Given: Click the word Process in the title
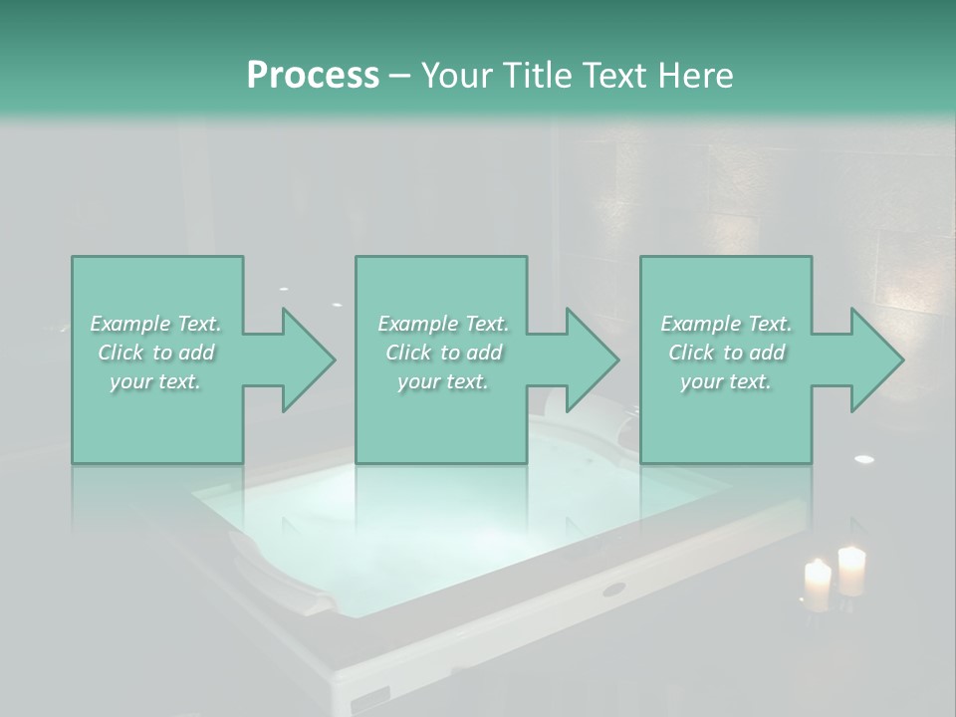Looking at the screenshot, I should pyautogui.click(x=313, y=75).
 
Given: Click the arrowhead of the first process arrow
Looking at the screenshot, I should pyautogui.click(x=308, y=359).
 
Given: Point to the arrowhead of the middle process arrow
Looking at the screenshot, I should pyautogui.click(x=592, y=359).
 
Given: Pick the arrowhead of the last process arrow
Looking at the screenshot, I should pyautogui.click(x=875, y=359).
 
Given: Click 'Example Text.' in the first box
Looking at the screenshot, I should pyautogui.click(x=156, y=324).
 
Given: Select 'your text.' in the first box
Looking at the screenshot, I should pyautogui.click(x=156, y=381).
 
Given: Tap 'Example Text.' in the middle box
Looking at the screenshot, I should pyautogui.click(x=443, y=324).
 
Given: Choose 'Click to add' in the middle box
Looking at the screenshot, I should pyautogui.click(x=443, y=353).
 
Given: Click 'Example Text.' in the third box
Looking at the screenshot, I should pyautogui.click(x=726, y=324).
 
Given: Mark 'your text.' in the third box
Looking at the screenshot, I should pyautogui.click(x=726, y=381).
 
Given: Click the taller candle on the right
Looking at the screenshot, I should pyautogui.click(x=851, y=571).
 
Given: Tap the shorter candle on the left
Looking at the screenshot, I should pyautogui.click(x=818, y=586).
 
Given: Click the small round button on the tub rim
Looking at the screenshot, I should pyautogui.click(x=613, y=589).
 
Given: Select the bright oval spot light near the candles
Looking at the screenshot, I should pyautogui.click(x=864, y=459).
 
